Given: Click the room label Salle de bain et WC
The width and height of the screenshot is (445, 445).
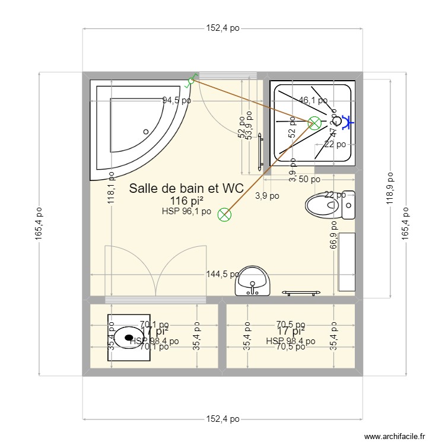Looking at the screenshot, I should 186,189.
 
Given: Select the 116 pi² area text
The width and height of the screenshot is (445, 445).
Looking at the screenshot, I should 186,201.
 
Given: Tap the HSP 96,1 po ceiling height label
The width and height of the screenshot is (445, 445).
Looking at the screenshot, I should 186,211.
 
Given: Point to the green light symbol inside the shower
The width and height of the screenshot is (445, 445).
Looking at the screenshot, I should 314,123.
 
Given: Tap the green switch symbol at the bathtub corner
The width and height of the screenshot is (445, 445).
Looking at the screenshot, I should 191,81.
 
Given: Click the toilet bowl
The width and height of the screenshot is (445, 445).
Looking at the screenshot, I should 323,206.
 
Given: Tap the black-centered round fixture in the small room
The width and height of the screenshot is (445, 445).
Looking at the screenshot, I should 128,337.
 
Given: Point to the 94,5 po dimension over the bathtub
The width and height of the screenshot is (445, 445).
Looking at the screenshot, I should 177,100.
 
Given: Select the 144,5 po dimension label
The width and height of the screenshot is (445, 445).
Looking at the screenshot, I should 223,274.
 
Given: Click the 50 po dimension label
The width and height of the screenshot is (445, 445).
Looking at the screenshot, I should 309,179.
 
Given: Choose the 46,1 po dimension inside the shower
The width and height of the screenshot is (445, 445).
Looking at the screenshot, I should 313,101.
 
